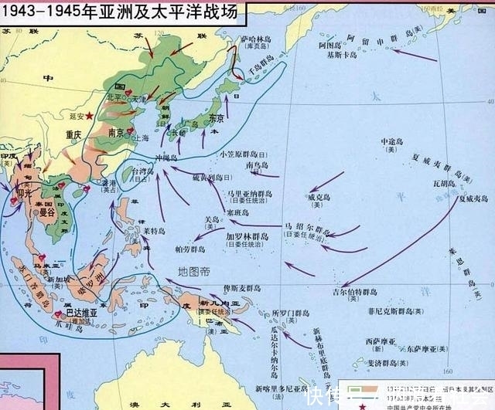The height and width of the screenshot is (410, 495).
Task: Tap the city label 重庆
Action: (74, 133)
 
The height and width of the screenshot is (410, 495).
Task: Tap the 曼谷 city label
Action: (43, 209)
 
